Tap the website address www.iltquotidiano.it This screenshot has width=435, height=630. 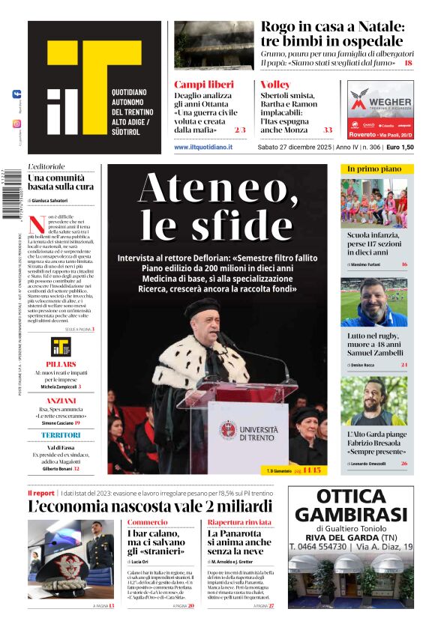(x=203, y=148)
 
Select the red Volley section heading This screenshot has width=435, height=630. (x=275, y=85)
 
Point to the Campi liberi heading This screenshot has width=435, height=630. (x=200, y=85)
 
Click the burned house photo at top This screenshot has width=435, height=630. (x=214, y=45)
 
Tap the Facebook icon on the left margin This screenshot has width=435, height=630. (x=16, y=95)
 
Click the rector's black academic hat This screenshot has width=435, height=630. (x=202, y=309)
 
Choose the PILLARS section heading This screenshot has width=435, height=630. (x=61, y=363)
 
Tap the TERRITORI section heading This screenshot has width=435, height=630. (x=61, y=435)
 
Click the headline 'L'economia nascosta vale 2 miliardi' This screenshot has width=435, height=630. (x=150, y=506)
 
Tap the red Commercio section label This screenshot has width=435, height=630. (x=147, y=522)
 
